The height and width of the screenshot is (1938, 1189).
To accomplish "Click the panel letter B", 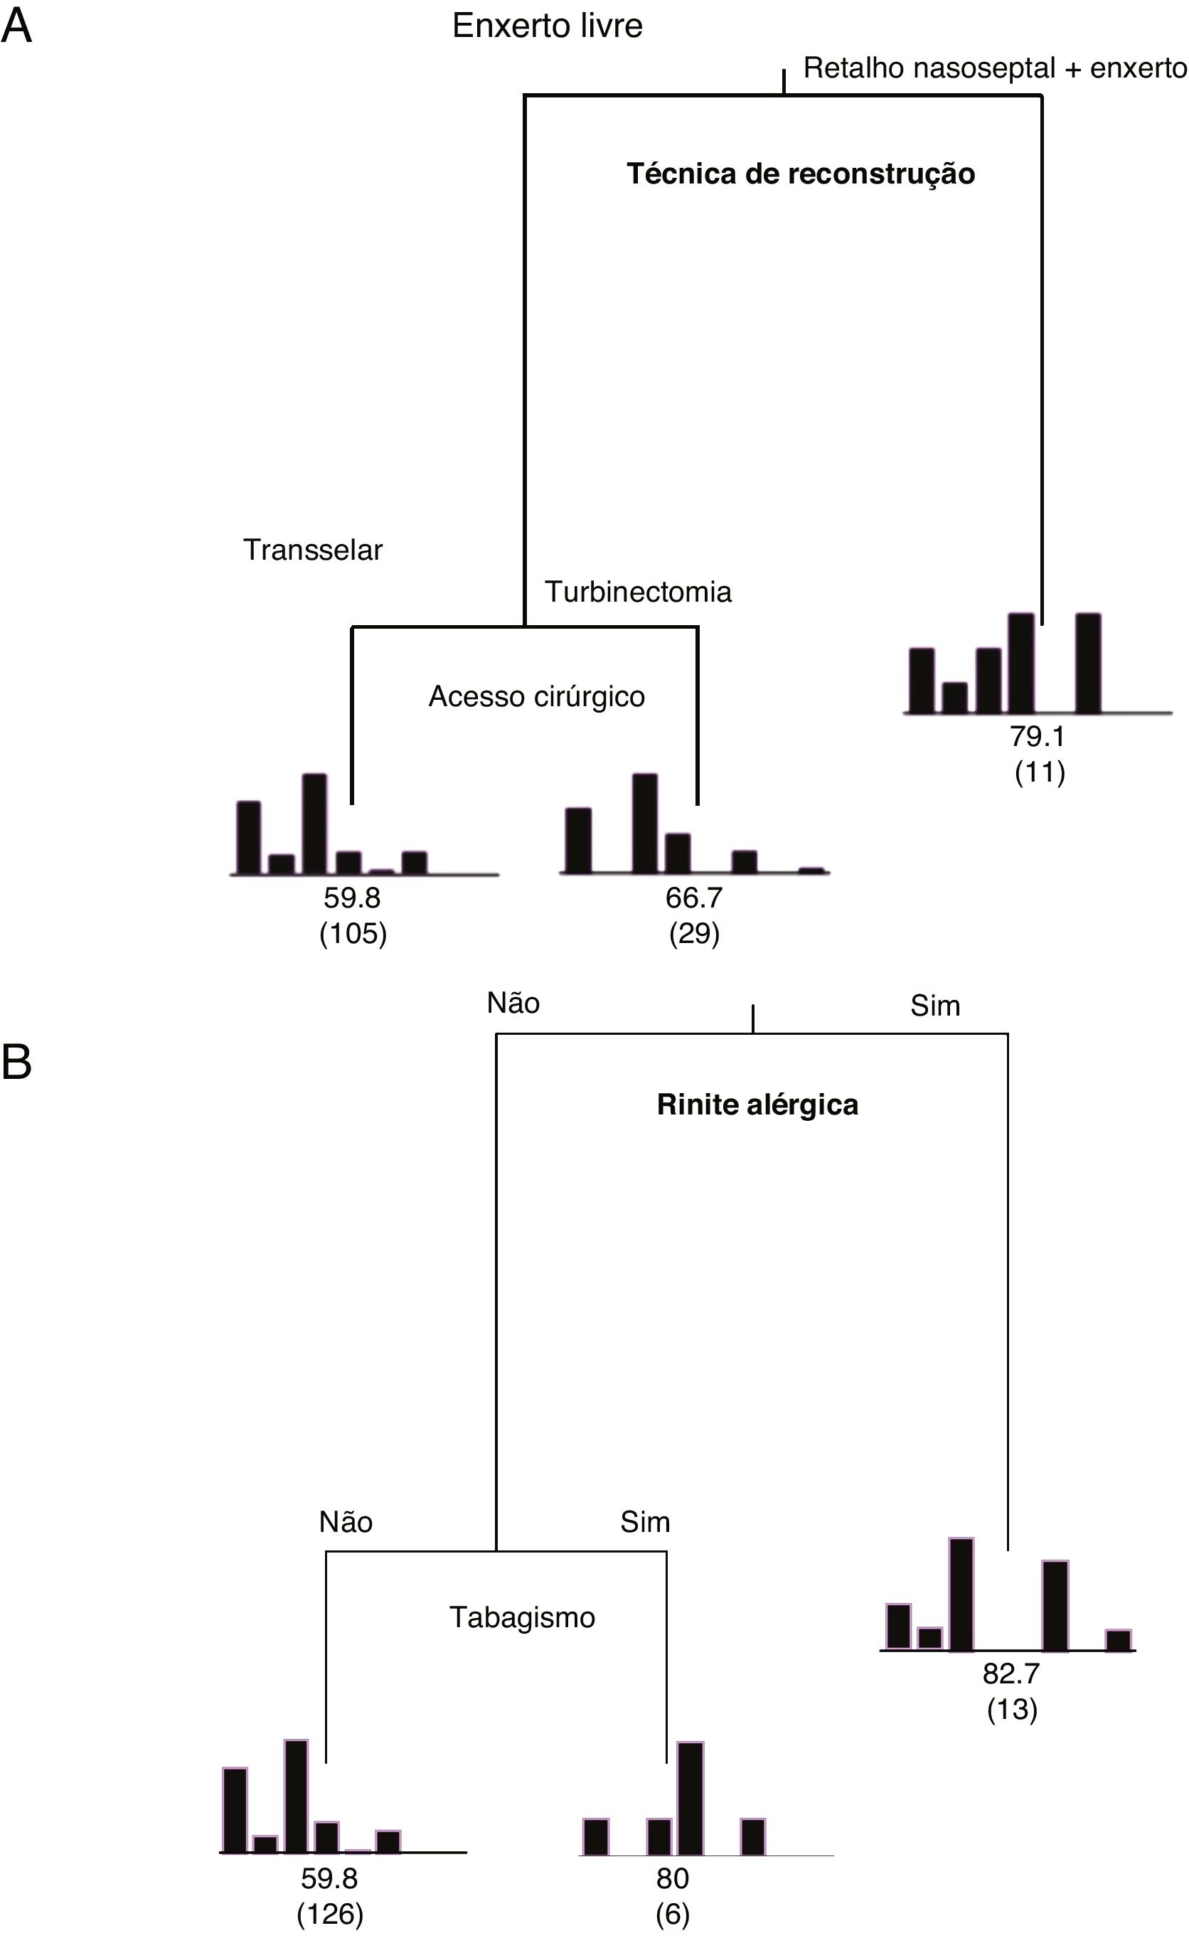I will [x=16, y=1061].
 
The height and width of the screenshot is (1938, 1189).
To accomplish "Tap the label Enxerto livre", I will [x=548, y=26].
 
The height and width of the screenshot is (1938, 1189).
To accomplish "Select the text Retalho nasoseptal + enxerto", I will [x=994, y=68].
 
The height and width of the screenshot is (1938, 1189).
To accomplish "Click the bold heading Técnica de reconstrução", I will [x=801, y=174].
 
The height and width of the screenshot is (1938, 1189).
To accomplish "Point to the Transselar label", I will [x=312, y=550].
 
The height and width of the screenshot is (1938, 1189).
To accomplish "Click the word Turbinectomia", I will [x=638, y=592].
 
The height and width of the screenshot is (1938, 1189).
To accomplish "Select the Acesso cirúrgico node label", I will [x=536, y=696].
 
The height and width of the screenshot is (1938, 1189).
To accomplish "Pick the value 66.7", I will [x=693, y=898].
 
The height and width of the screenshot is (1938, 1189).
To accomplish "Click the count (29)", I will [x=693, y=934].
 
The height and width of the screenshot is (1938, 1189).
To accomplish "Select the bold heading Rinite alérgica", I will [x=757, y=1105].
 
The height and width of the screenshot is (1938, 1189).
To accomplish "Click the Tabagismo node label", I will [x=522, y=1618].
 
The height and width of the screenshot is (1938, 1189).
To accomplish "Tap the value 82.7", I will [x=1011, y=1673].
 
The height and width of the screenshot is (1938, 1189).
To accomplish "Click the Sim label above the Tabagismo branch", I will [x=645, y=1523].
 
